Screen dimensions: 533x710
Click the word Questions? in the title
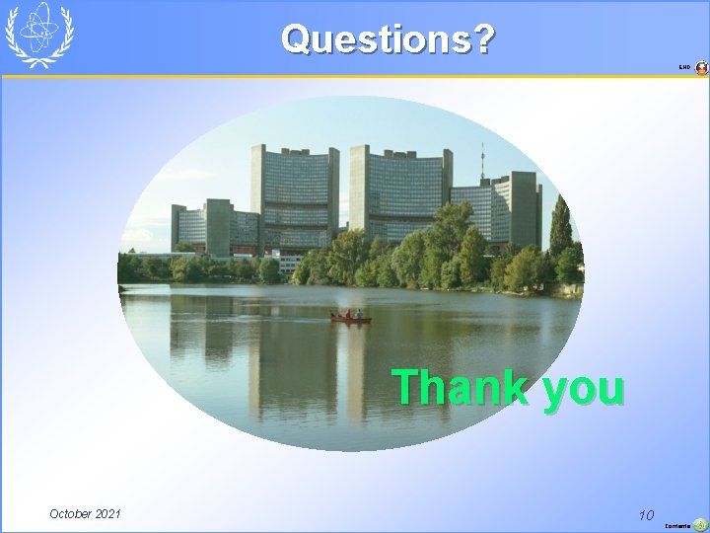pyautogui.click(x=388, y=39)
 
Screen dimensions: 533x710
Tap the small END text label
pyautogui.click(x=684, y=67)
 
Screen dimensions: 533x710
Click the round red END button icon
pyautogui.click(x=701, y=67)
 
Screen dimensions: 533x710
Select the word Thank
pyautogui.click(x=460, y=387)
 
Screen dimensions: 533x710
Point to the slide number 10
pyautogui.click(x=646, y=514)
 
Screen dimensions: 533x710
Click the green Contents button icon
pyautogui.click(x=700, y=525)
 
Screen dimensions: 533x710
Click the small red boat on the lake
pyautogui.click(x=350, y=317)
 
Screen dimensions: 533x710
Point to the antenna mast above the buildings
pyautogui.click(x=482, y=163)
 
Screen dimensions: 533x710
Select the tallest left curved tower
pyautogui.click(x=293, y=197)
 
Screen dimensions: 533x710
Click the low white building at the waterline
pyautogui.click(x=289, y=264)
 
